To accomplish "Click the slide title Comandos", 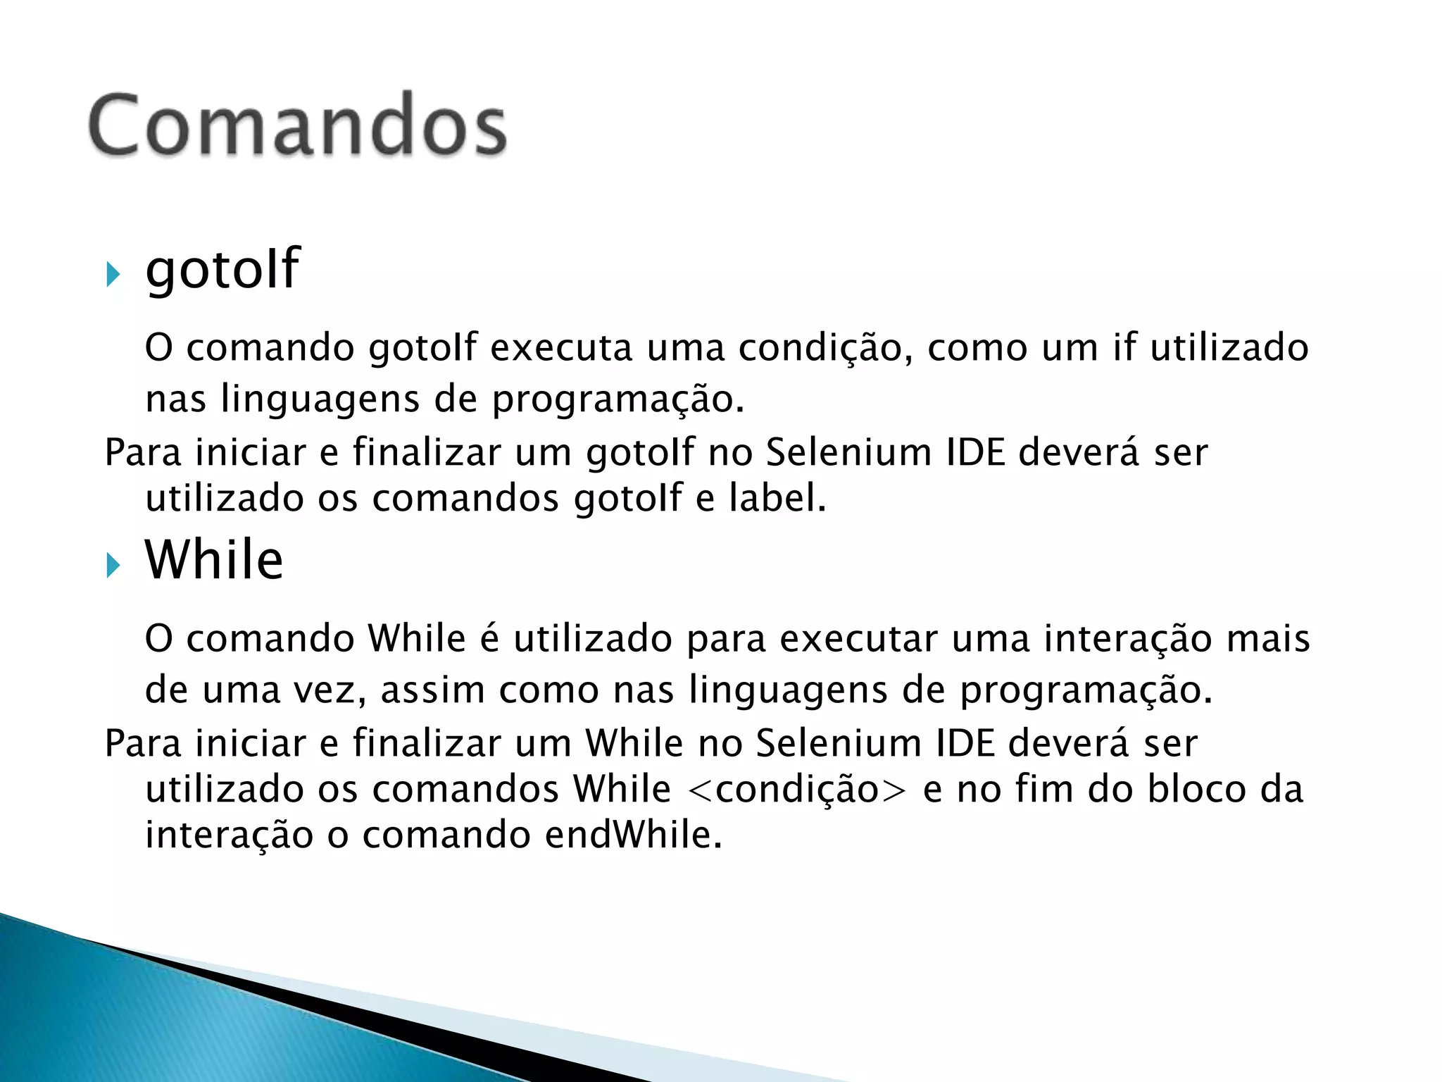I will (x=297, y=125).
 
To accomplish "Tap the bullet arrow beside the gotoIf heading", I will (x=113, y=274).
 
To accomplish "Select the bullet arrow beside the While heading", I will (x=113, y=565).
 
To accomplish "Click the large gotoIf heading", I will (x=222, y=269).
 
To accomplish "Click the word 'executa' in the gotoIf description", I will (x=561, y=348).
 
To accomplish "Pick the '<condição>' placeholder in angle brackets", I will (x=796, y=789).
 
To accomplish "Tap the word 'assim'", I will (x=433, y=690).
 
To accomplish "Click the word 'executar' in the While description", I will (x=858, y=639).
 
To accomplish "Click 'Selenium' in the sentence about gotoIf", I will (x=848, y=452).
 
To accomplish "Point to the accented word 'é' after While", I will (x=489, y=639).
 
